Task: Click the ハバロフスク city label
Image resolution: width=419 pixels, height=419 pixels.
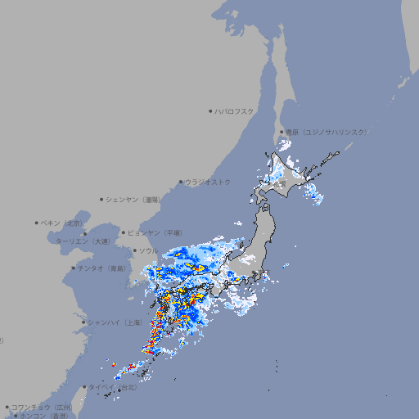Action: pos(236,111)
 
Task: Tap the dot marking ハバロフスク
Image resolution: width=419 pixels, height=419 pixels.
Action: pos(210,111)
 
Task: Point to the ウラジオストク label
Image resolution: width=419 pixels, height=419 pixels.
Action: pos(208,182)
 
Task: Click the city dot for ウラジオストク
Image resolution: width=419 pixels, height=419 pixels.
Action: pos(181,182)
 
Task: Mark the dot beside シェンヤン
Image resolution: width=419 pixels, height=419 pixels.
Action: pos(102,199)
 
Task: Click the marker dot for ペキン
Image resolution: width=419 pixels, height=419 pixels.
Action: pos(37,223)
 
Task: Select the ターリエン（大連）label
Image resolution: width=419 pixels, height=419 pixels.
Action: pos(82,242)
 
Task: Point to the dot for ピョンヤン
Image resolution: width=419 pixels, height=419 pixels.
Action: pos(124,232)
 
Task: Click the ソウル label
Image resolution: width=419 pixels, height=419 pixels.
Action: pos(148,250)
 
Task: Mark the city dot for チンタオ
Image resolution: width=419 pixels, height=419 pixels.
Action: pos(73,268)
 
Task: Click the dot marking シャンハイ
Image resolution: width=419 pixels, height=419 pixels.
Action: pos(83,322)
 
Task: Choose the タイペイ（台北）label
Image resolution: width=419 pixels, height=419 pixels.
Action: pos(113,387)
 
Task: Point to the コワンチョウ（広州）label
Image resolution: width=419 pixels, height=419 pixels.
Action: pos(41,407)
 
